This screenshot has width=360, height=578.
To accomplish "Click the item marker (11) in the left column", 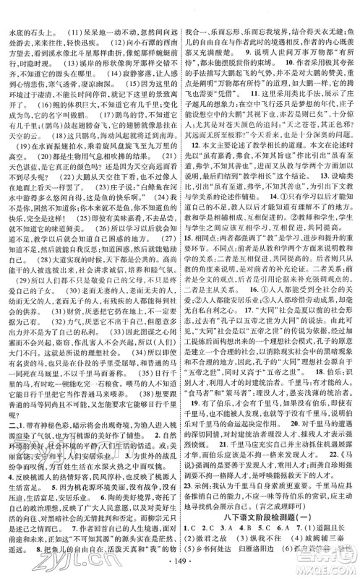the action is [55, 12].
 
